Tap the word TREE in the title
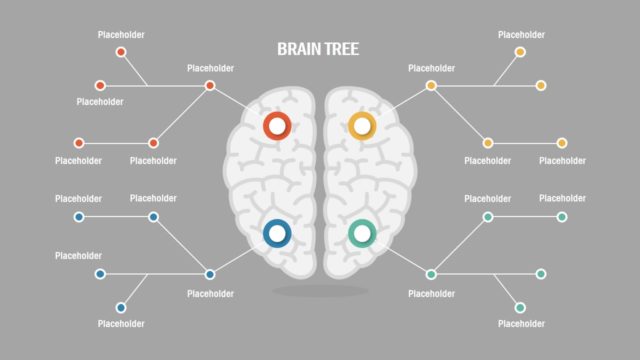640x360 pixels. (341, 48)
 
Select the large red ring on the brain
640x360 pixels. (276, 126)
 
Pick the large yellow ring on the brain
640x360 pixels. (361, 126)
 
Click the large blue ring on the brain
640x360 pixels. (276, 234)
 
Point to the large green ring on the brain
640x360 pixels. (362, 234)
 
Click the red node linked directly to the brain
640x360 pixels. (210, 86)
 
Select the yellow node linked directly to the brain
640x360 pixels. (431, 86)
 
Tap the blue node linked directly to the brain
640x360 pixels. (210, 274)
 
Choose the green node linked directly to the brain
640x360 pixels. (431, 274)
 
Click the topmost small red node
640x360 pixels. (121, 52)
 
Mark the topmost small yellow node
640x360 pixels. (520, 52)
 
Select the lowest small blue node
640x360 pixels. (121, 307)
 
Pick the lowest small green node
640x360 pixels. (520, 307)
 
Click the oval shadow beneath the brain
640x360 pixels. (320, 291)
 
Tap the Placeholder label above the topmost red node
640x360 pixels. (121, 35)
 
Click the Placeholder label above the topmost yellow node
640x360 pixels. (521, 35)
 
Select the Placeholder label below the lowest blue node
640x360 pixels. (121, 324)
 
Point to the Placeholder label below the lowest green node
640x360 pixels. (521, 324)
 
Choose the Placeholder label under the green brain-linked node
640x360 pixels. (431, 294)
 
